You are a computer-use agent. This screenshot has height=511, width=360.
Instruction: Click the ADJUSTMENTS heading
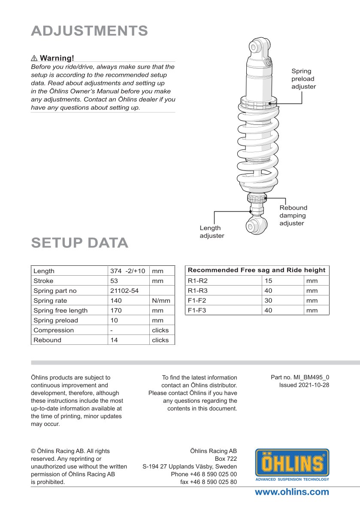[x=89, y=31]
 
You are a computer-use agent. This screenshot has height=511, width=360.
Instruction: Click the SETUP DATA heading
[x=80, y=243]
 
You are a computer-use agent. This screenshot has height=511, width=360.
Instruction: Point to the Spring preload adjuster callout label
[x=303, y=79]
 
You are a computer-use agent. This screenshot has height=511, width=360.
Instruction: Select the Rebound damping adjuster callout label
[x=293, y=216]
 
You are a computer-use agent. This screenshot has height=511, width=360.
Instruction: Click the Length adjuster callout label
[x=212, y=232]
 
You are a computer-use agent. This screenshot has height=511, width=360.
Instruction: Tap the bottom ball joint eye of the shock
[x=257, y=225]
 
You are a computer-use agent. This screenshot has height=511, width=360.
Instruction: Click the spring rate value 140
[x=116, y=301]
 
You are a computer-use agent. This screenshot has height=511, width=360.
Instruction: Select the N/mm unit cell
[x=161, y=301]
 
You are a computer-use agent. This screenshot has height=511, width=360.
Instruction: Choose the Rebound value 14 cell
[x=114, y=340]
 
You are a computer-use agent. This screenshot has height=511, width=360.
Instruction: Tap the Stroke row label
[x=43, y=281]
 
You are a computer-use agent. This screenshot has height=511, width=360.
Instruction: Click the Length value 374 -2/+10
[x=127, y=271]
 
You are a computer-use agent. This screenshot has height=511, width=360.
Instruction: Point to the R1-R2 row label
[x=197, y=281]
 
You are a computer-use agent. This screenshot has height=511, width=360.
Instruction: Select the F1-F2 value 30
[x=268, y=301]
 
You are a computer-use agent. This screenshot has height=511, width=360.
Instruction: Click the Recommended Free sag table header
[x=257, y=270]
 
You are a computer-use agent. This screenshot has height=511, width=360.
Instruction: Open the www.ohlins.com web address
[x=292, y=492]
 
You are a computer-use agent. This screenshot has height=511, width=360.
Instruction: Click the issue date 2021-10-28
[x=304, y=385]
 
